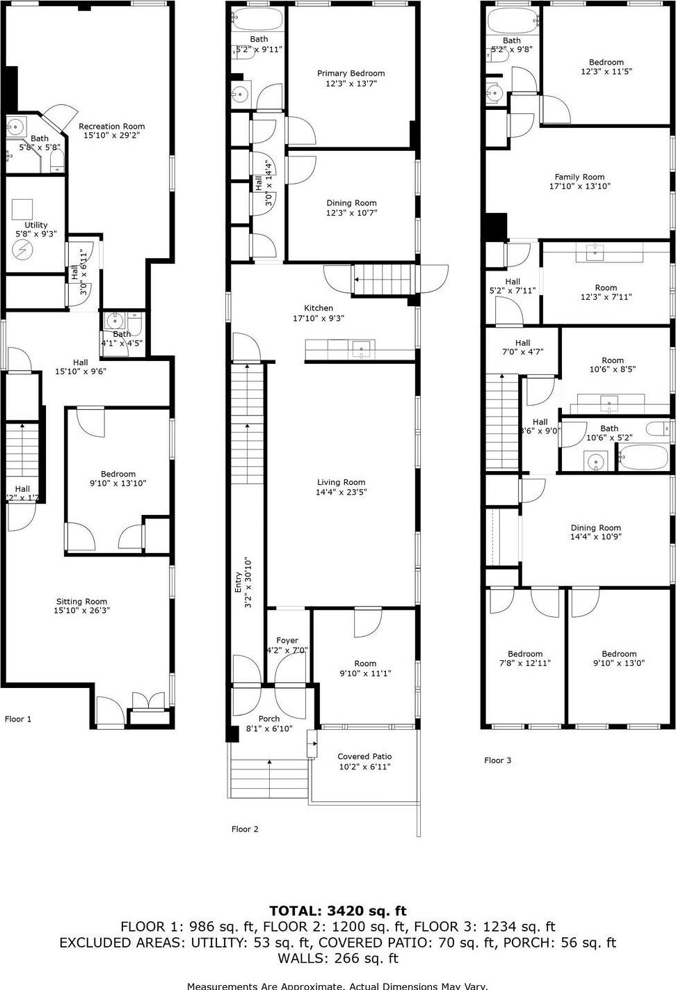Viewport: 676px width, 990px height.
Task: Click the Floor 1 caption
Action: point(18,719)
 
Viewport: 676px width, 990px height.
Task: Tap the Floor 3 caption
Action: point(497,760)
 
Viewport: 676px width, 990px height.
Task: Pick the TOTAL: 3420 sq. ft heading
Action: point(338,911)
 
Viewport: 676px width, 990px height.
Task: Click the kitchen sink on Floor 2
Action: point(362,348)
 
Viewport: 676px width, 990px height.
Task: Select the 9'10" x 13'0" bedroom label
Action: point(619,658)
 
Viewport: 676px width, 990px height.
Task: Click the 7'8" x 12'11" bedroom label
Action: point(525,658)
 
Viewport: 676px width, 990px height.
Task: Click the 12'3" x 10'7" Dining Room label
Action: point(352,208)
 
